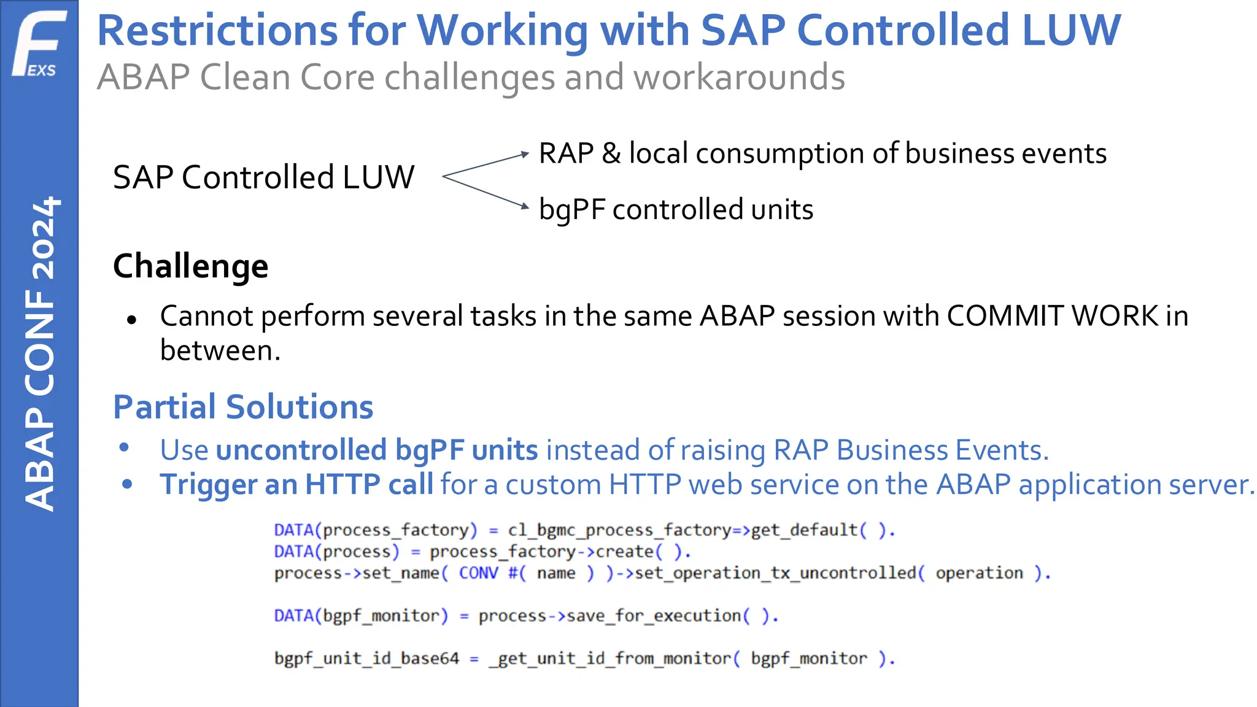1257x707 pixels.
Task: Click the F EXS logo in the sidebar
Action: click(39, 44)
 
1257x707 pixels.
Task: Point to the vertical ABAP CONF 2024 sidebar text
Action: click(41, 353)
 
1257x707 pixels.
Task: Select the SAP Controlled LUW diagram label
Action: click(263, 177)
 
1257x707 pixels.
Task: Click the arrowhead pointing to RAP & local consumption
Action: click(524, 153)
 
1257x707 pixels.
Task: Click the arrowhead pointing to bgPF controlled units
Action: click(524, 207)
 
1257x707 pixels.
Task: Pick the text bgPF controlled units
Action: click(676, 210)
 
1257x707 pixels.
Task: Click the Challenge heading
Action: click(191, 266)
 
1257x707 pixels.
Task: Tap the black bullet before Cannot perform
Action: click(131, 319)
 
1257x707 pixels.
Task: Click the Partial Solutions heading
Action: click(243, 407)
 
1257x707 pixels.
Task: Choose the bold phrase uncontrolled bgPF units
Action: click(377, 450)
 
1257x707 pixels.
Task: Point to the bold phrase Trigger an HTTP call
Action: click(296, 484)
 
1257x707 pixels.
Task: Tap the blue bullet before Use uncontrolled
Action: click(125, 447)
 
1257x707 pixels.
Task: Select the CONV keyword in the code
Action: click(479, 573)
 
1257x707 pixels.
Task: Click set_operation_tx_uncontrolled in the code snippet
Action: click(776, 573)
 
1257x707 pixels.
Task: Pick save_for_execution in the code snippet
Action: click(653, 616)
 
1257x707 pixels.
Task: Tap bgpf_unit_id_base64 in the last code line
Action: click(366, 659)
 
